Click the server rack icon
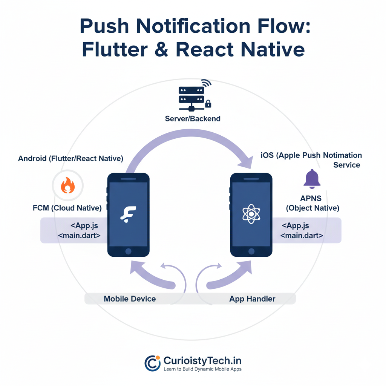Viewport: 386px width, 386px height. coord(191,98)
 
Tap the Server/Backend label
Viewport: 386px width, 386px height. coord(193,119)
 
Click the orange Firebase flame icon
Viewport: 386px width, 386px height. coord(68,185)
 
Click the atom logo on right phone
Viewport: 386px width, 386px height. coord(251,214)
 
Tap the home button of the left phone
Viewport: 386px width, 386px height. coord(128,251)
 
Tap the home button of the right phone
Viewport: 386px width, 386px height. coord(251,251)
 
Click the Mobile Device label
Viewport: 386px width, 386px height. coord(130,299)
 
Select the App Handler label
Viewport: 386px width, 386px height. coord(252,299)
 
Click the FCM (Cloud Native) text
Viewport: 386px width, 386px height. coord(67,208)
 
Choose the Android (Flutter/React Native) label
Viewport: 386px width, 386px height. coord(70,159)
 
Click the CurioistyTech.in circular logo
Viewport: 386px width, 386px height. coord(153,363)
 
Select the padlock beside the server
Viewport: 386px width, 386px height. coord(208,103)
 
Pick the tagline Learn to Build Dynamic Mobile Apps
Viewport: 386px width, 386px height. coord(202,369)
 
